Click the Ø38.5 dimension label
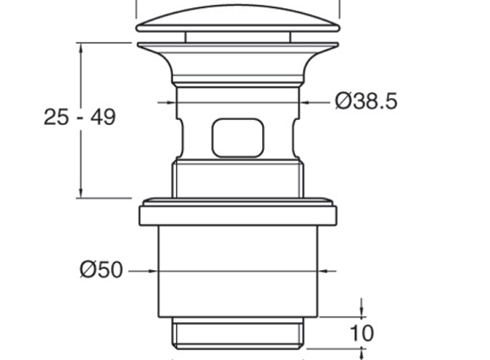click(366, 101)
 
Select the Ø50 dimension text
click(101, 269)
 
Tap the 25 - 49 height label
click(80, 118)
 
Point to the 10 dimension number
click(362, 333)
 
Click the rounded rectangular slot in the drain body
click(238, 137)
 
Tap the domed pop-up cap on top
click(238, 18)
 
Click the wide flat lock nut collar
click(238, 212)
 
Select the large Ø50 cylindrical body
click(238, 271)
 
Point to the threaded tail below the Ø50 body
click(238, 333)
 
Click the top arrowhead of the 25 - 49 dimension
click(81, 47)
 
